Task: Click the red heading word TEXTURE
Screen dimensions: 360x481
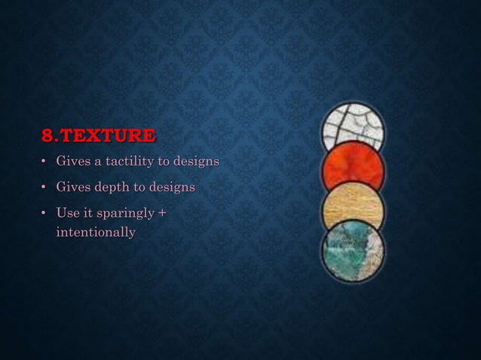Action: [107, 136]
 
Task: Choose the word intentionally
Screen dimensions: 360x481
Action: [96, 232]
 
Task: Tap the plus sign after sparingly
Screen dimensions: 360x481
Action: [161, 214]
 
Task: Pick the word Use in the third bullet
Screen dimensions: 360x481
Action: [66, 214]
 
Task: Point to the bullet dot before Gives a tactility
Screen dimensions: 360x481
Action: [44, 163]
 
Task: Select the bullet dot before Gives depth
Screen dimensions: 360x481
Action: [44, 187]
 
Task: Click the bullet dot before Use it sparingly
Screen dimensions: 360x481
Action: [44, 215]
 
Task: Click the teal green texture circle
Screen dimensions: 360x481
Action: [352, 249]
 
